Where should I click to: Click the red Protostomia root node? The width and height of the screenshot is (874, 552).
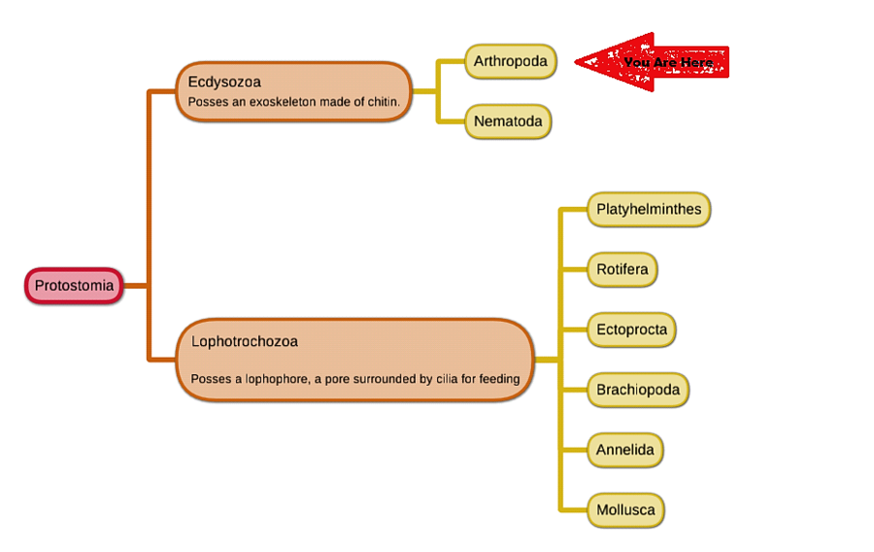(x=74, y=286)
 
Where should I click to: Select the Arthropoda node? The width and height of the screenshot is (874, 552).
(x=510, y=61)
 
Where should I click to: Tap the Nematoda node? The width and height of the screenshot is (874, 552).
(x=508, y=121)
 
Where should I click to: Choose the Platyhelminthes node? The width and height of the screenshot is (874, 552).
(x=649, y=209)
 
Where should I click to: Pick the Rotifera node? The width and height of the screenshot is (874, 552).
(x=622, y=269)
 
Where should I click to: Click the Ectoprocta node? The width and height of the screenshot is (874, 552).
(x=631, y=329)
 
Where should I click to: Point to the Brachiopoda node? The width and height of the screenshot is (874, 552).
(x=637, y=390)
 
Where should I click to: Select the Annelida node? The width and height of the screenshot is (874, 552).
(x=625, y=450)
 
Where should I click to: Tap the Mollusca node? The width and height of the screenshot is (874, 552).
(x=625, y=510)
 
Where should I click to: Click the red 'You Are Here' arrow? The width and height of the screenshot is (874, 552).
(x=660, y=62)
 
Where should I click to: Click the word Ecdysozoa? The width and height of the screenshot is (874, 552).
(x=224, y=82)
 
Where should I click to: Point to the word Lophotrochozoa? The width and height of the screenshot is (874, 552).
(x=244, y=341)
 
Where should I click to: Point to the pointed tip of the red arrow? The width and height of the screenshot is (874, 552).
(x=577, y=62)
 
